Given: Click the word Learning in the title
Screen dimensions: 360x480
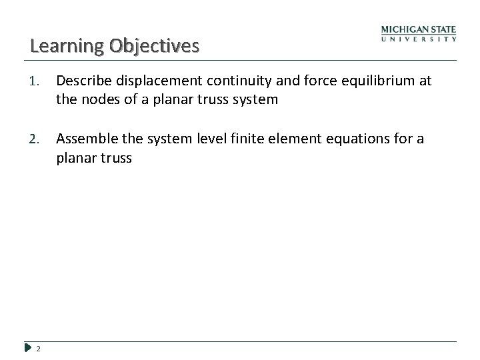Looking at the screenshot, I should (58, 46).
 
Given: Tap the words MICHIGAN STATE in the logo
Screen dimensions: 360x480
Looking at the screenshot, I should (419, 29).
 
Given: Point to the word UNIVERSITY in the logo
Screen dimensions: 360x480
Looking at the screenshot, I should (419, 39).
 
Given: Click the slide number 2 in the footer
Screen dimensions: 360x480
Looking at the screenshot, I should (39, 347).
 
